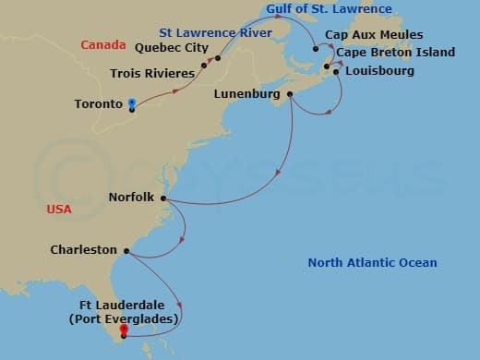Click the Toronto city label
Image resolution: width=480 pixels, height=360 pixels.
pos(98,104)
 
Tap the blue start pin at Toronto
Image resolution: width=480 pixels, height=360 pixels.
pos(133,104)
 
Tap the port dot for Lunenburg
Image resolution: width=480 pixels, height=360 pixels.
pos(291,94)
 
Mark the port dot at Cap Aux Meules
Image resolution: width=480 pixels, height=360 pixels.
pos(316,49)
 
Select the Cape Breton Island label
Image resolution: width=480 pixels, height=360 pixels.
pos(395,53)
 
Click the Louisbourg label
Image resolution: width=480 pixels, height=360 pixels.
pos(378,70)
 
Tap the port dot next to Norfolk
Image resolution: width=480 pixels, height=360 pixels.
pos(163,198)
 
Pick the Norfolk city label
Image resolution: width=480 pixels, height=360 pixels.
pos(133,198)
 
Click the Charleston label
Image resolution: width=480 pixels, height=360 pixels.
pos(84,249)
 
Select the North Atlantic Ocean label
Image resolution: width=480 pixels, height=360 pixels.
pos(372,263)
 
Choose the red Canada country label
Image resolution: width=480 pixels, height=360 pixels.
pos(102,45)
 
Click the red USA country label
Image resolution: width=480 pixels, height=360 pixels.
pos(59,210)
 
